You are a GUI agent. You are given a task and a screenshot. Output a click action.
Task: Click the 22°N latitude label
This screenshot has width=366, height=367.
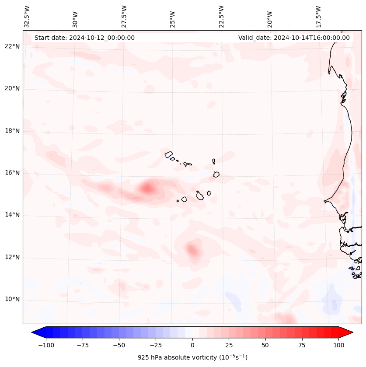(12, 47)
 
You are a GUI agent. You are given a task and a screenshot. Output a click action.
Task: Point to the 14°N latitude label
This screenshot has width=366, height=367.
(12, 215)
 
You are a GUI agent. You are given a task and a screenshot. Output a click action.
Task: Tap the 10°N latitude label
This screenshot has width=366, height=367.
(12, 300)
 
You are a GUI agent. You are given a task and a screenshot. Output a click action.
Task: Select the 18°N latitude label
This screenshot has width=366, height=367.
(12, 131)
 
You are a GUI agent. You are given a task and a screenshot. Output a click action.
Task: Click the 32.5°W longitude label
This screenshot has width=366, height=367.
(27, 16)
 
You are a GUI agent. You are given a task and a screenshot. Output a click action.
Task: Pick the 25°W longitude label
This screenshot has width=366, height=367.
(173, 16)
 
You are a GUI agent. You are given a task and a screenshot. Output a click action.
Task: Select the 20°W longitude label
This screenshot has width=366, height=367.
(270, 16)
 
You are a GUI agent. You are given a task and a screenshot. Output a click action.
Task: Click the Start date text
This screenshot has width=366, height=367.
(84, 38)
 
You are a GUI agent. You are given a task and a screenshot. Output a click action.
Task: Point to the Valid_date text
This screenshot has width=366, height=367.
(294, 38)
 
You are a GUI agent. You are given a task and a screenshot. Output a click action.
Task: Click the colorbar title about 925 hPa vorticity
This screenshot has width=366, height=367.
(192, 357)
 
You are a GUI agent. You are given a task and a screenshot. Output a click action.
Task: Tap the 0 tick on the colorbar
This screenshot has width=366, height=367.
(192, 345)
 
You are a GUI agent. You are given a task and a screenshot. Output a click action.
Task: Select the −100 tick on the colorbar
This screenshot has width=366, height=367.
(46, 345)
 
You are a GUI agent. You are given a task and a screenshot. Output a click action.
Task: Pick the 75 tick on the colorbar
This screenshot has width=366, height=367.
(302, 345)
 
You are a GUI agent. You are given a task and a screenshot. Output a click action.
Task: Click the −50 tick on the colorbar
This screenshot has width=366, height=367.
(119, 345)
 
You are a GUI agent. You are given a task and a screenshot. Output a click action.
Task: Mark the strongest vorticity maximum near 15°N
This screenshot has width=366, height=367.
(147, 189)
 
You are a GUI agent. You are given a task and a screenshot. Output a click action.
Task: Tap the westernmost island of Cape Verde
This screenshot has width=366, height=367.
(169, 154)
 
